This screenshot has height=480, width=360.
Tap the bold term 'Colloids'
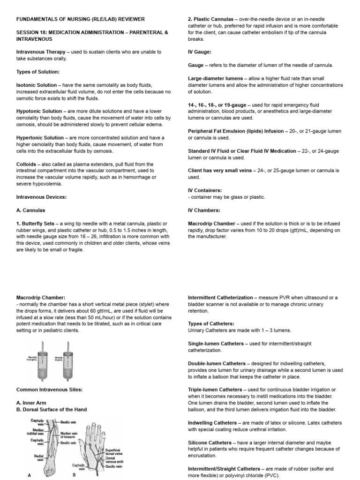pos(28,164)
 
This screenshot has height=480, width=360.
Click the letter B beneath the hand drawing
pos(74,474)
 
